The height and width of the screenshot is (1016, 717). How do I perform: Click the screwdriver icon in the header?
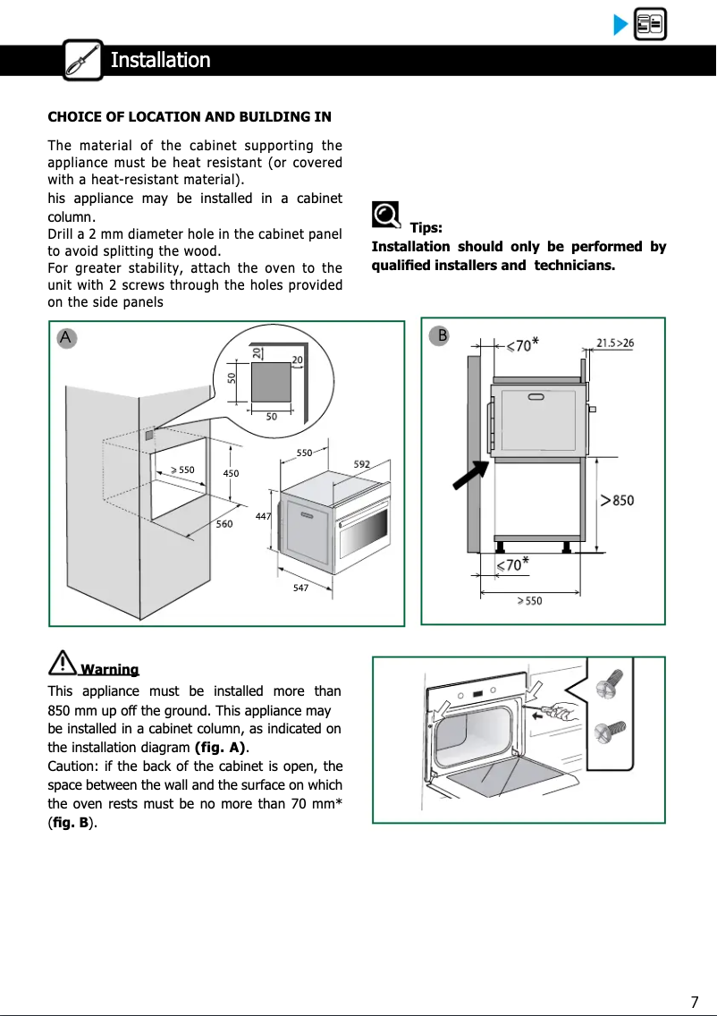(83, 60)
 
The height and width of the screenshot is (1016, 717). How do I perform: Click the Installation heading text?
(160, 60)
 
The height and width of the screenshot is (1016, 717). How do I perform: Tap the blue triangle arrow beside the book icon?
(620, 25)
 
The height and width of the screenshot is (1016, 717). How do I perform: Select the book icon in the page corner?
(649, 25)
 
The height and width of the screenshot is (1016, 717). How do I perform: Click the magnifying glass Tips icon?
(386, 216)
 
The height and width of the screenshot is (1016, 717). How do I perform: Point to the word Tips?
(426, 228)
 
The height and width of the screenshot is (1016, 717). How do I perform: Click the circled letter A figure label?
(65, 337)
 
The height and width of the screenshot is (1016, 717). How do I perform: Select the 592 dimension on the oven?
(362, 463)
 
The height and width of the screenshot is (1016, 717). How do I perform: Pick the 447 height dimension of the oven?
(262, 516)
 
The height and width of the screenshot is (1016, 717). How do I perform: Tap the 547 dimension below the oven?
(301, 588)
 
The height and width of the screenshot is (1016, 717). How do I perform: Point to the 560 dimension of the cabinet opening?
(224, 524)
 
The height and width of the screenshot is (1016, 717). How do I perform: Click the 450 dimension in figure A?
(232, 472)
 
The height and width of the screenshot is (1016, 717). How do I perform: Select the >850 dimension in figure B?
(617, 500)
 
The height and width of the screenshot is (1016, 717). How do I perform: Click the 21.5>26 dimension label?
(615, 343)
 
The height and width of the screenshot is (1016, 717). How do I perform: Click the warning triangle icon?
(63, 663)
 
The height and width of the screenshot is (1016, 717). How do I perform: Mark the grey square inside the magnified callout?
(272, 381)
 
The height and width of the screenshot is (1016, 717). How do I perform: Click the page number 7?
(694, 1001)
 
